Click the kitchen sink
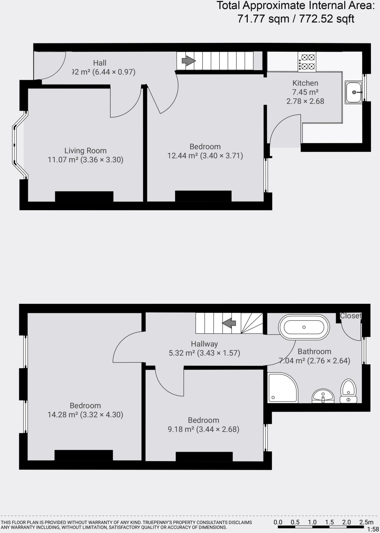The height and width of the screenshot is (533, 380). click(353, 92)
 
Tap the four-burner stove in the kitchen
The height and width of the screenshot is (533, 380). click(307, 62)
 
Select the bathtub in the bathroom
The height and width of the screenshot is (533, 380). click(304, 327)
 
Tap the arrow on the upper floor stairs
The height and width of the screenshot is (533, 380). click(229, 323)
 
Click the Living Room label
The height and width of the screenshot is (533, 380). click(85, 151)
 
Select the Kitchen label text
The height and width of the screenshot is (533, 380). click(305, 83)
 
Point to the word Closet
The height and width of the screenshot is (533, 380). click(351, 316)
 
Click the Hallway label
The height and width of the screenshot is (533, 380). click(204, 344)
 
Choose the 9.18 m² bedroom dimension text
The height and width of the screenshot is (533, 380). click(203, 429)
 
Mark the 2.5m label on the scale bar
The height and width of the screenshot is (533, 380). click(366, 522)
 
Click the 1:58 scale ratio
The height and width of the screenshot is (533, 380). click(373, 529)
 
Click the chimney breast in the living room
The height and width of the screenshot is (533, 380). click(84, 196)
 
